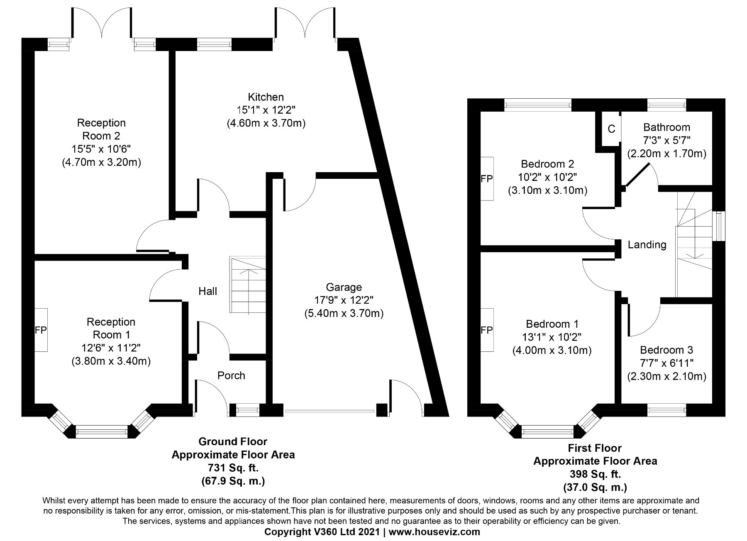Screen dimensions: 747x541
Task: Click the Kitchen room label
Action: [266, 97]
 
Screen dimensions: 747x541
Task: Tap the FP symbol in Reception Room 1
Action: [41, 330]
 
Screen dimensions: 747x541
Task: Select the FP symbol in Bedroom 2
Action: [487, 179]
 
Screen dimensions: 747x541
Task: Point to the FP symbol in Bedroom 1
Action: [487, 330]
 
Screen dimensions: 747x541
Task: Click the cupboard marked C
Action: [611, 129]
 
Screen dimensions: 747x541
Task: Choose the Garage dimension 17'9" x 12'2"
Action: [344, 300]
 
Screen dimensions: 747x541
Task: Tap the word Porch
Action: [231, 375]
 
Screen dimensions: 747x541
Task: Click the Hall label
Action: [207, 291]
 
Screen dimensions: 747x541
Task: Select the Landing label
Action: [647, 245]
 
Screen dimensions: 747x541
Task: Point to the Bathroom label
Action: [666, 127]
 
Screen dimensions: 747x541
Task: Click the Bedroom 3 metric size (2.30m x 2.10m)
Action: [666, 376]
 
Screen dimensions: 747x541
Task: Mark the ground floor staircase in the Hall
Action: [248, 285]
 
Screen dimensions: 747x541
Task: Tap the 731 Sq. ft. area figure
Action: [233, 468]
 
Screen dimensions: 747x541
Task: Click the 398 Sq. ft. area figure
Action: [595, 474]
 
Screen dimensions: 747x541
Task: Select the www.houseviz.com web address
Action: [434, 531]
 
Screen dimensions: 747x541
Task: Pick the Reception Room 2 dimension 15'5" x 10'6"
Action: [102, 149]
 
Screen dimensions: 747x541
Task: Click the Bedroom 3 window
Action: [666, 410]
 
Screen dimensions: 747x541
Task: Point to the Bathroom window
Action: [666, 105]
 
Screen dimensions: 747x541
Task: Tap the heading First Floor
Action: [595, 448]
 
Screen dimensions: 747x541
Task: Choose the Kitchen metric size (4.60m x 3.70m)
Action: [266, 123]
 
